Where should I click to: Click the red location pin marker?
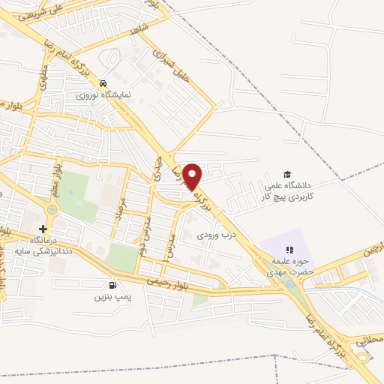click(x=193, y=176)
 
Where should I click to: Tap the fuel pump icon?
click(x=112, y=285)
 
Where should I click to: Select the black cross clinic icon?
click(x=43, y=229)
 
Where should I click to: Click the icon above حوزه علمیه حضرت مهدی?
click(x=288, y=250)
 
